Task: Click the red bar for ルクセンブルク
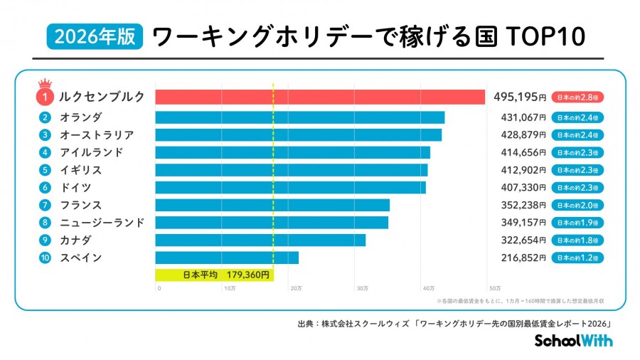click(320, 97)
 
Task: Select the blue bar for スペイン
click(227, 258)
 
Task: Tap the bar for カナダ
click(260, 240)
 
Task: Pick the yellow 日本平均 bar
click(214, 273)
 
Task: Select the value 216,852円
click(519, 258)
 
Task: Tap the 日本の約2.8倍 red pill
click(577, 97)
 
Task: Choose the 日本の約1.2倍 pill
click(577, 258)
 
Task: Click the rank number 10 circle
click(44, 258)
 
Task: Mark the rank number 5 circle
click(44, 170)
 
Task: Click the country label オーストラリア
click(97, 134)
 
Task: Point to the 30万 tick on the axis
click(361, 288)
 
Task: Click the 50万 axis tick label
click(495, 288)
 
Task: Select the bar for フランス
click(272, 205)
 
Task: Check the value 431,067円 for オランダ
click(519, 117)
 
